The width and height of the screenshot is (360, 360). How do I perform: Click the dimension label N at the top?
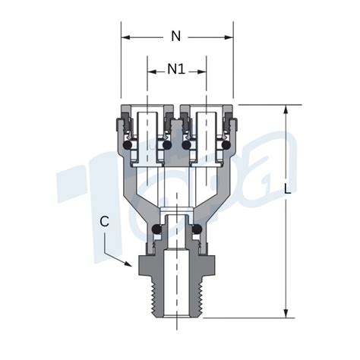point(176,36)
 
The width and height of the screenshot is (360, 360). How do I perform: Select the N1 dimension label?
point(176,69)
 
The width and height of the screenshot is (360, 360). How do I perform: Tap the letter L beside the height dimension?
point(287,188)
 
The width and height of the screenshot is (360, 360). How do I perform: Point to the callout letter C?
point(104,222)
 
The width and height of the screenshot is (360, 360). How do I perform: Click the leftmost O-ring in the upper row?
point(128,145)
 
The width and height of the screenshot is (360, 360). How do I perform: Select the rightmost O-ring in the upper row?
point(226,145)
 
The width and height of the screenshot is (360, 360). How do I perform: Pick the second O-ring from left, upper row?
point(166,145)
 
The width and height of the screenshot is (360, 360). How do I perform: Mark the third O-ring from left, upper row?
point(187,145)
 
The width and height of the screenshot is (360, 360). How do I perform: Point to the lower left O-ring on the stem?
point(156,229)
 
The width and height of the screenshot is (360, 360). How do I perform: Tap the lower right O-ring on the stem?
point(197,229)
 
